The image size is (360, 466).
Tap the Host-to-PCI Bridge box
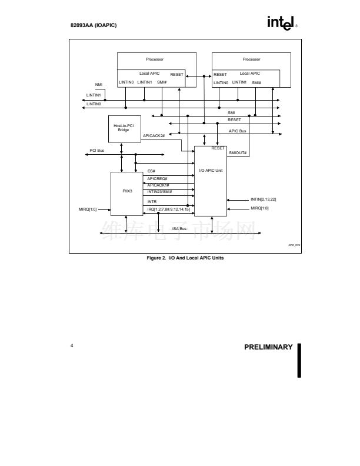tap(124, 128)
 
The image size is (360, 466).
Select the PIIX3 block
tap(127, 192)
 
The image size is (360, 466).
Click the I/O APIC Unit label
tap(211, 170)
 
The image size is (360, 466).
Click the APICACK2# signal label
tap(154, 136)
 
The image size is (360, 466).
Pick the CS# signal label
tap(151, 171)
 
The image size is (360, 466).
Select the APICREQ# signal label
tap(157, 178)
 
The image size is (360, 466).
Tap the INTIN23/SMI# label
tap(159, 191)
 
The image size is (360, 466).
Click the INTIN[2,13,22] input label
tap(263, 199)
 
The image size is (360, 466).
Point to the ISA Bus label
tap(179, 228)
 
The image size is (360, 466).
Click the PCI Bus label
tap(97, 151)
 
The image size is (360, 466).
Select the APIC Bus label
tap(238, 131)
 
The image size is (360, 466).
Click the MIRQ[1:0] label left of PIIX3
tap(88, 209)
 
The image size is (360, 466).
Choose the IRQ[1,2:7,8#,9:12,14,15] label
tap(169, 209)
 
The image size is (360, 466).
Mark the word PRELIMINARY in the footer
tap(268, 347)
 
